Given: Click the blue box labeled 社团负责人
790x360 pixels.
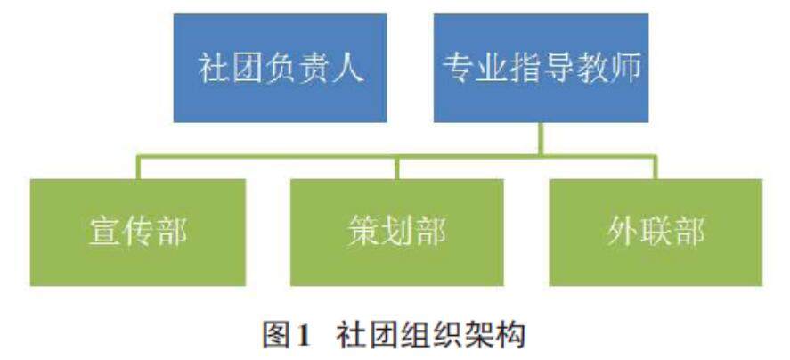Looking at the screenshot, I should pyautogui.click(x=280, y=68).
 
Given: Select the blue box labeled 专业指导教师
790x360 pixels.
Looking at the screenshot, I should pyautogui.click(x=541, y=68).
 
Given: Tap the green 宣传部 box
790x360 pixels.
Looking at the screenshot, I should pyautogui.click(x=138, y=232).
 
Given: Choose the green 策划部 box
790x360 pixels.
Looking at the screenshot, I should pyautogui.click(x=396, y=232).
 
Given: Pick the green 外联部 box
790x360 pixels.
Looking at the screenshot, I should pyautogui.click(x=655, y=232).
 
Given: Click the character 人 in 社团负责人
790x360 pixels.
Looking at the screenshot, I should pyautogui.click(x=350, y=69).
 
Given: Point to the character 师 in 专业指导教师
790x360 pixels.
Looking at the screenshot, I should pyautogui.click(x=624, y=69).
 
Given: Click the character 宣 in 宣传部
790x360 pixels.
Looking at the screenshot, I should pyautogui.click(x=104, y=233).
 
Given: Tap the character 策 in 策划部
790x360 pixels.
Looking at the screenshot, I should pyautogui.click(x=363, y=233).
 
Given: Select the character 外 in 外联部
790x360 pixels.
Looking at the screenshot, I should pyautogui.click(x=622, y=233).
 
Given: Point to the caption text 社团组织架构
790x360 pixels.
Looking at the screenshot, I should pyautogui.click(x=431, y=335).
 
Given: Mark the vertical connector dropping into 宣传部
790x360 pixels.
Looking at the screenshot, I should pyautogui.click(x=138, y=167).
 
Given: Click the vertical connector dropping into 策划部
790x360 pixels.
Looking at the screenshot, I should pyautogui.click(x=397, y=167).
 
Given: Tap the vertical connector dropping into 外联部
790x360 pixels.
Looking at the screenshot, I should pyautogui.click(x=656, y=167).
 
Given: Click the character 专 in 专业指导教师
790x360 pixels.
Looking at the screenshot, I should pyautogui.click(x=458, y=69).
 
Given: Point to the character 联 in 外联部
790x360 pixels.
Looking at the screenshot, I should pyautogui.click(x=656, y=233).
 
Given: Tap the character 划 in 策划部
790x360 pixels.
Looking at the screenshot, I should pyautogui.click(x=397, y=233).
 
